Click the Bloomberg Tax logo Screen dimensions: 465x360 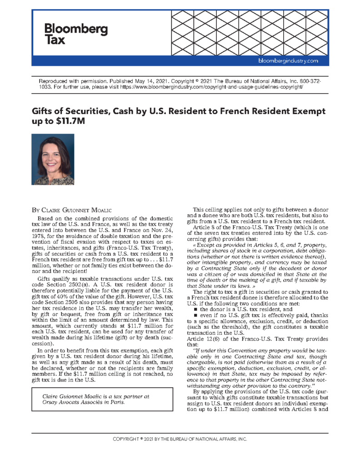76,34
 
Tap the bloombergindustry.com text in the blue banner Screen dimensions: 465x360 288,60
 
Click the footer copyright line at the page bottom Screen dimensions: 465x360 180,439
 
